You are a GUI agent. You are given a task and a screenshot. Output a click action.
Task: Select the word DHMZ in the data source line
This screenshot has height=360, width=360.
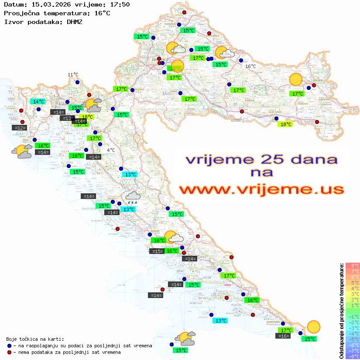click(74, 21)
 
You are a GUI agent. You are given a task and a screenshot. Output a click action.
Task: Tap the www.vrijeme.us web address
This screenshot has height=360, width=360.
click(261, 189)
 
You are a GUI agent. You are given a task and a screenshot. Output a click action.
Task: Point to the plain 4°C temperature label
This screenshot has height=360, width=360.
click(111, 150)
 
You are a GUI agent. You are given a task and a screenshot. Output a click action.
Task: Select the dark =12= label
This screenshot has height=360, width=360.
click(20, 128)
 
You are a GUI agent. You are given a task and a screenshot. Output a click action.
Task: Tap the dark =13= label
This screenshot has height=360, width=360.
click(67, 118)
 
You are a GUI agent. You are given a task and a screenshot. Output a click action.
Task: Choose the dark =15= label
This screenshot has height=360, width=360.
click(157, 251)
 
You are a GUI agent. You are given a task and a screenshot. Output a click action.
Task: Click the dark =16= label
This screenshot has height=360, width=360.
click(283, 336)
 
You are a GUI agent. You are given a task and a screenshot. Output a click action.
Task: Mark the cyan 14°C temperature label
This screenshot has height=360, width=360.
click(39, 102)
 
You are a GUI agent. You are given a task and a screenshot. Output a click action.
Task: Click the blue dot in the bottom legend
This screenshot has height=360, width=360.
click(10, 346)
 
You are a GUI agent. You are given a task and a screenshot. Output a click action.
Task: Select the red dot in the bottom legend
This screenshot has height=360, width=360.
click(10, 352)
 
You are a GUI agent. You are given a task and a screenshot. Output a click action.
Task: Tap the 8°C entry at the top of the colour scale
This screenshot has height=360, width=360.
click(352, 266)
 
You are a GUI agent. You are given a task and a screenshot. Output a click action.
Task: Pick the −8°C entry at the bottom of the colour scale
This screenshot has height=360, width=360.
click(352, 356)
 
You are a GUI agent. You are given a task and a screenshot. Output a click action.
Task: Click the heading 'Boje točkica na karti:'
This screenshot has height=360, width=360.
click(35, 339)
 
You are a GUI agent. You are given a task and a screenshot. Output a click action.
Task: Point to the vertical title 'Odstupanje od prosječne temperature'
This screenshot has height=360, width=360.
click(341, 310)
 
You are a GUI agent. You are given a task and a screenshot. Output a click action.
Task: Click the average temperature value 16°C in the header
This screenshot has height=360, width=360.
click(102, 13)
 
